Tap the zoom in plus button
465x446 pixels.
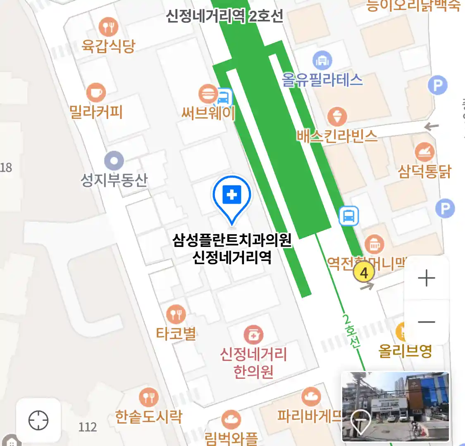(x=427, y=278)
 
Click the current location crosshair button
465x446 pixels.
(x=38, y=420)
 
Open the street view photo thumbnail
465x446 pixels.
(x=395, y=406)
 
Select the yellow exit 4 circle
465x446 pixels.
(x=364, y=273)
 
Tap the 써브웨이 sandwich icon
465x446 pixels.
(x=208, y=94)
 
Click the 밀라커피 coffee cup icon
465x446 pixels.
(x=96, y=93)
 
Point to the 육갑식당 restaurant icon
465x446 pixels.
(x=108, y=27)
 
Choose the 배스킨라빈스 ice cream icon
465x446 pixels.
(x=337, y=117)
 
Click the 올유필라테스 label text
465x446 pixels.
(x=322, y=80)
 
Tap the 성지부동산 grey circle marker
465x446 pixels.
(x=114, y=161)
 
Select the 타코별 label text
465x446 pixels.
(x=176, y=334)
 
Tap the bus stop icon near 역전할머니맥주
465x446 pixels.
(x=349, y=216)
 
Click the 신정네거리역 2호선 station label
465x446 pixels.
(x=224, y=16)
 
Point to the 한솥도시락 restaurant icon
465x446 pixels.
(x=148, y=397)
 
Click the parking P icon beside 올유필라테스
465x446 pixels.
(x=438, y=86)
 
